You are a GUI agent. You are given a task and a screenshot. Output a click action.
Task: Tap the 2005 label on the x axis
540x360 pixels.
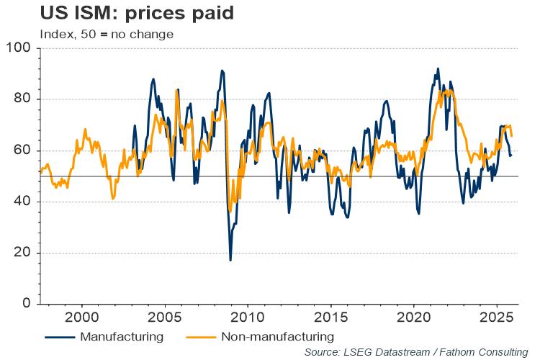point(163,318)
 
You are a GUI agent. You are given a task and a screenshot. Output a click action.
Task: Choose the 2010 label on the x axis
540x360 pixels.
point(247,318)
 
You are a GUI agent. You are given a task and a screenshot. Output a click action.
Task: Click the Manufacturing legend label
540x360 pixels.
point(122,336)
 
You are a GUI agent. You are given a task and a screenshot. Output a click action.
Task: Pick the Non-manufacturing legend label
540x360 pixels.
point(277,336)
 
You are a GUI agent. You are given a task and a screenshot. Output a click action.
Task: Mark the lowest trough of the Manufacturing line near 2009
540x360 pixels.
point(230,260)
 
